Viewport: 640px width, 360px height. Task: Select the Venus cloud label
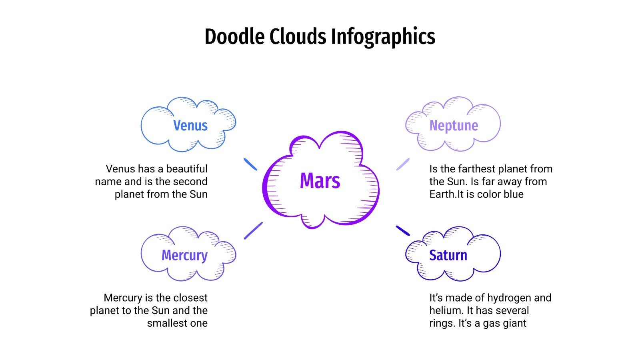click(x=190, y=126)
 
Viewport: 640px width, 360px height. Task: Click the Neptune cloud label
click(x=454, y=126)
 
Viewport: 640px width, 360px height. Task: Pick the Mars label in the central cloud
click(x=320, y=181)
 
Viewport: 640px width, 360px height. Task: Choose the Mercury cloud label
click(x=184, y=255)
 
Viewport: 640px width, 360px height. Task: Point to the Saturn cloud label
click(x=448, y=255)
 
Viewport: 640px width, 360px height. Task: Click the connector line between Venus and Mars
click(x=250, y=164)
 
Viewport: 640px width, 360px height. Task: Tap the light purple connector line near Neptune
click(x=403, y=164)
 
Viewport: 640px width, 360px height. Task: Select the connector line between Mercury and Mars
click(x=253, y=231)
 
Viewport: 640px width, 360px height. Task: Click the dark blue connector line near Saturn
click(x=403, y=231)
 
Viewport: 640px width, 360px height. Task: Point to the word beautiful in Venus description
click(x=187, y=169)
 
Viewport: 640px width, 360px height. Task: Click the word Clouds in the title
click(x=298, y=37)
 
